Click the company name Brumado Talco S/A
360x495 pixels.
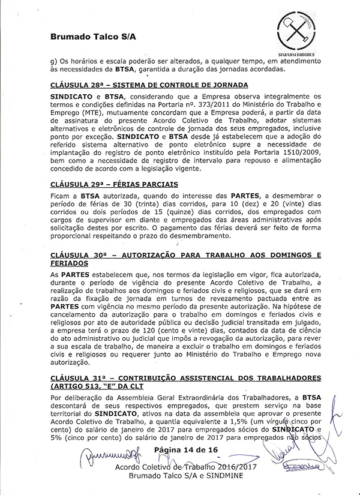[93, 37]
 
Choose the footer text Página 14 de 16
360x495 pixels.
[185, 450]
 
